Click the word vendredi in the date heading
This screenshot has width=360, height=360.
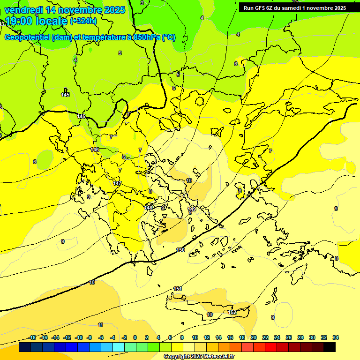(23, 10)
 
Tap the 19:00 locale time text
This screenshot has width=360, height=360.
(37, 21)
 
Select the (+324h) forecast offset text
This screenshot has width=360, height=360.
(83, 21)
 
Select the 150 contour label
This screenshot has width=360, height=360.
(180, 250)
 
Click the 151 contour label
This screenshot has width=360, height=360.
(178, 289)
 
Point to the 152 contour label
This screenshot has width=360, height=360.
(232, 312)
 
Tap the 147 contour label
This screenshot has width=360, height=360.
(117, 183)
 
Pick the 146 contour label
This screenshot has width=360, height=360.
(95, 150)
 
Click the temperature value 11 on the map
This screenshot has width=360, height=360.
(100, 325)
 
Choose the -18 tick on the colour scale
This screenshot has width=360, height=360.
(32, 337)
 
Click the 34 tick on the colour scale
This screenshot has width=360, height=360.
(336, 337)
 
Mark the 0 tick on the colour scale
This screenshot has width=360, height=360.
(135, 337)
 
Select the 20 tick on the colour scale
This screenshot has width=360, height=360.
(254, 337)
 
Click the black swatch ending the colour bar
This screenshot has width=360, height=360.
(330, 347)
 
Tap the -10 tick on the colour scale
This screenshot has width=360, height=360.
(79, 337)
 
